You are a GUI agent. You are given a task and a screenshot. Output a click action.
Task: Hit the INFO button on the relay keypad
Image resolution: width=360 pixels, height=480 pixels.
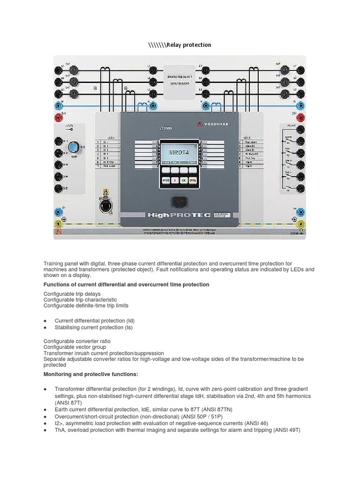click(x=166, y=180)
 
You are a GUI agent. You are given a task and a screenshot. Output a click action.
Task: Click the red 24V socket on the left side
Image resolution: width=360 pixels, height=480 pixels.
click(x=60, y=117)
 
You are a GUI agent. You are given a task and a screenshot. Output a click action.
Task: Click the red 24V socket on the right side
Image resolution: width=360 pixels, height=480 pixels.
click(x=300, y=117)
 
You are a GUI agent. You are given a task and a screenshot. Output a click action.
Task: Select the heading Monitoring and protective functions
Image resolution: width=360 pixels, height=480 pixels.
click(x=91, y=374)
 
